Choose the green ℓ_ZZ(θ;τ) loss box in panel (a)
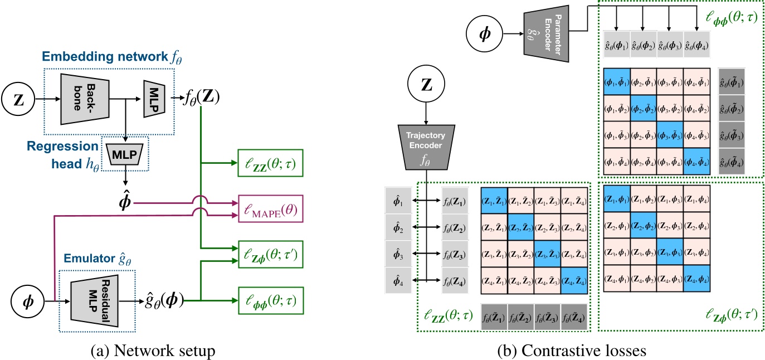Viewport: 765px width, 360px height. (270, 164)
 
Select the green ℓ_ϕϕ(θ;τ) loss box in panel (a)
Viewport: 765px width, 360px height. (270, 300)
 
